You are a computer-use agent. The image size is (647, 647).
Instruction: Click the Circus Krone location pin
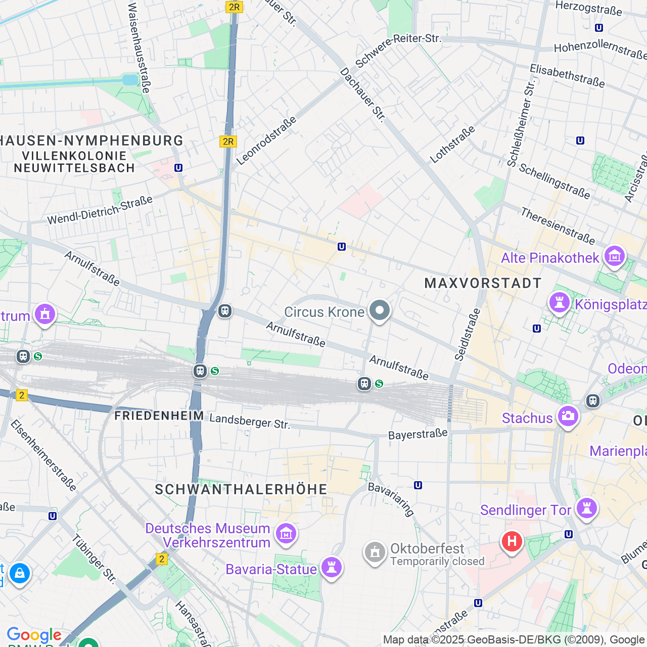pyautogui.click(x=379, y=310)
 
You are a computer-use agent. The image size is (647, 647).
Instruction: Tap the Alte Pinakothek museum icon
pyautogui.click(x=615, y=257)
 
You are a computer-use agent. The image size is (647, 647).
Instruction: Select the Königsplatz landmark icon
pyautogui.click(x=559, y=303)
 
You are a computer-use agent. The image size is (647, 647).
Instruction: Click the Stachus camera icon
pyautogui.click(x=568, y=417)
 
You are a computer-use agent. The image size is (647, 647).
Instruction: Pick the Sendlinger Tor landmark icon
pyautogui.click(x=586, y=509)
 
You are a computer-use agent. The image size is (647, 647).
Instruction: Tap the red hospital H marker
pyautogui.click(x=512, y=541)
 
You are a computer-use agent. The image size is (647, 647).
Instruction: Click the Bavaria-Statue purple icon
pyautogui.click(x=331, y=568)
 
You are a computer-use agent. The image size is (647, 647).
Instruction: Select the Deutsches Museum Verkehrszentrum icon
pyautogui.click(x=286, y=534)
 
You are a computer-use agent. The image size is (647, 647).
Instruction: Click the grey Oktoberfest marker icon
pyautogui.click(x=375, y=552)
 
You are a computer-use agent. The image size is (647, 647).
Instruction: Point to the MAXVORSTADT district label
pyautogui.click(x=483, y=283)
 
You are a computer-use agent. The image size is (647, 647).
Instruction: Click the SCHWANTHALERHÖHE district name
pyautogui.click(x=241, y=489)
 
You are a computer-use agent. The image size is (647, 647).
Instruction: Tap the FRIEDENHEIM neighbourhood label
pyautogui.click(x=159, y=415)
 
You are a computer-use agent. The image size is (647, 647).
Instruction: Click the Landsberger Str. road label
pyautogui.click(x=250, y=421)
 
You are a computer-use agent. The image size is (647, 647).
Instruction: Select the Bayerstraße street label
pyautogui.click(x=418, y=434)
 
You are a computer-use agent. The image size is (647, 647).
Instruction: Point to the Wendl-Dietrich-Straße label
pyautogui.click(x=100, y=210)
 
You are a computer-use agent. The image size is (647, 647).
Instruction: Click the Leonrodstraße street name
pyautogui.click(x=266, y=141)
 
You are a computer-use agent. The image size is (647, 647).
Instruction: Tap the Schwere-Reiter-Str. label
pyautogui.click(x=398, y=51)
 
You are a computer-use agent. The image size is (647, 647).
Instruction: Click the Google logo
pyautogui.click(x=34, y=635)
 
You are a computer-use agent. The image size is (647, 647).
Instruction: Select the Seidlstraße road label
pyautogui.click(x=467, y=335)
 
